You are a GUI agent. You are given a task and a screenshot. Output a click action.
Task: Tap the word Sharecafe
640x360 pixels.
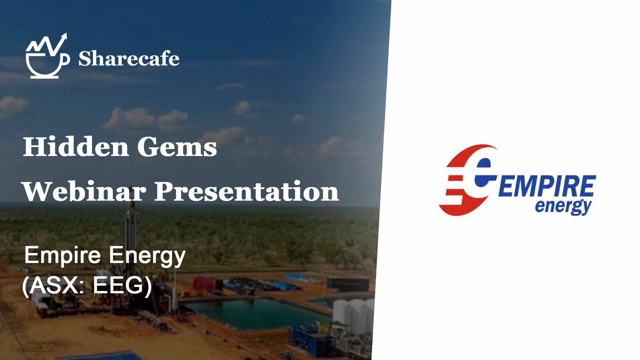pos(129,58)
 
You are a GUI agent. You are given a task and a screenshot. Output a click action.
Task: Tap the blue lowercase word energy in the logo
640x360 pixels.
pos(563,207)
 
